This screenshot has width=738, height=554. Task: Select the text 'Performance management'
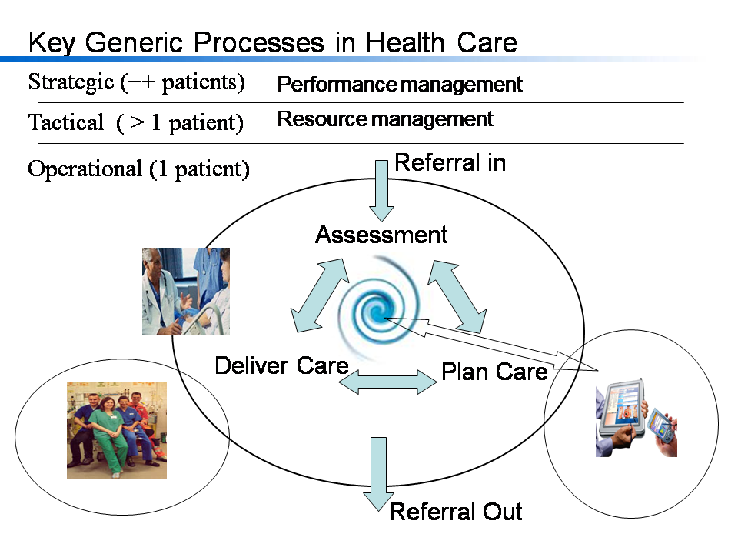click(x=399, y=84)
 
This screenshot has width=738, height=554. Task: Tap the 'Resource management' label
click(x=384, y=119)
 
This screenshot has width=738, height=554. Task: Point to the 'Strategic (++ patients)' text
click(x=136, y=82)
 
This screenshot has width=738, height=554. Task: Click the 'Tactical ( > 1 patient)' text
click(x=135, y=122)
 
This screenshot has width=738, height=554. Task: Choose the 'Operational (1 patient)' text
click(x=138, y=169)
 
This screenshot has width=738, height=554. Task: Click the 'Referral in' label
click(x=450, y=162)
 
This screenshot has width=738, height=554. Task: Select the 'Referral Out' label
click(x=456, y=512)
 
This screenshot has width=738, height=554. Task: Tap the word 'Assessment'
click(x=381, y=235)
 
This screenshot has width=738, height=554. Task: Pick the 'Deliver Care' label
click(x=281, y=365)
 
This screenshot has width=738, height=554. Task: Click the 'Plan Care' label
click(x=494, y=372)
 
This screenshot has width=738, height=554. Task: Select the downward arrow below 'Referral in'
click(x=381, y=189)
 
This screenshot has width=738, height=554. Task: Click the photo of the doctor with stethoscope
click(x=185, y=291)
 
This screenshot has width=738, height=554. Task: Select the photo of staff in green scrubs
click(x=116, y=430)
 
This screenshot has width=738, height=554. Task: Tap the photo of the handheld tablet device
click(x=636, y=421)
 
